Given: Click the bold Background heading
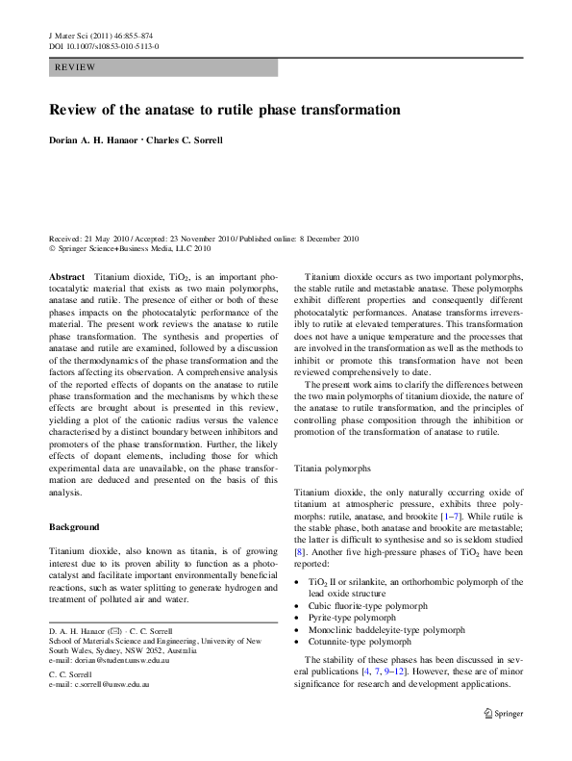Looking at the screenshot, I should (74, 527).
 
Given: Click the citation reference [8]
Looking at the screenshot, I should (300, 553).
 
